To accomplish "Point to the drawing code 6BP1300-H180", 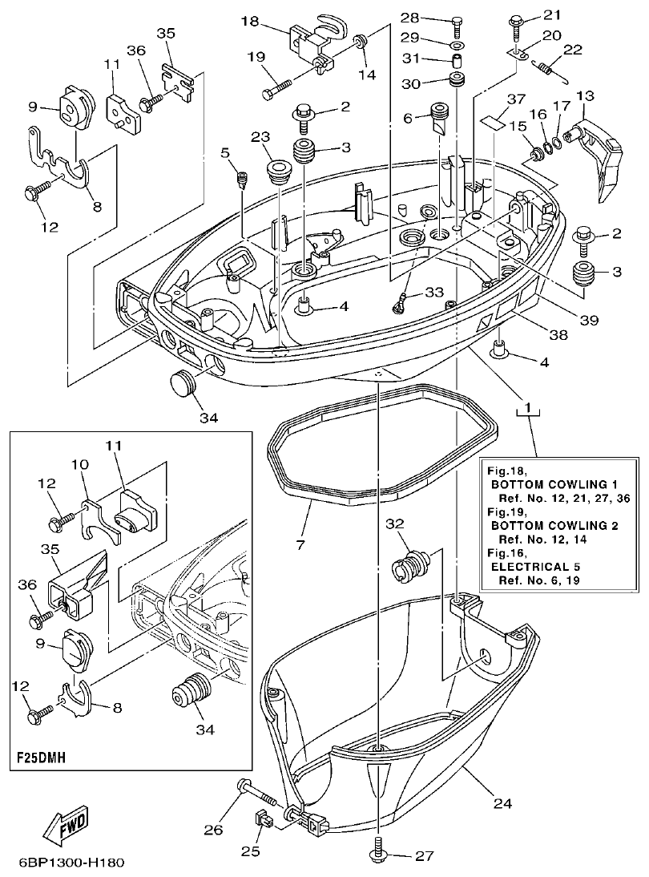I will point(71,864).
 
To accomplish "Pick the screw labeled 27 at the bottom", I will point(377,855).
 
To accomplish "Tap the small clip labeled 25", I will point(263,820).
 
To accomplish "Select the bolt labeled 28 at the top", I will point(455,20).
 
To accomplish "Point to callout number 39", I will point(590,320).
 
